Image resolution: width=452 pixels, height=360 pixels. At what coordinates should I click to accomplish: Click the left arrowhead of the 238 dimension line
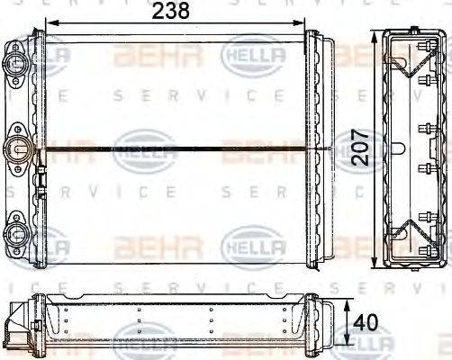point(50,23)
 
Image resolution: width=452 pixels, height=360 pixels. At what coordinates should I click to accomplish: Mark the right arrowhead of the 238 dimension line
point(305,23)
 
